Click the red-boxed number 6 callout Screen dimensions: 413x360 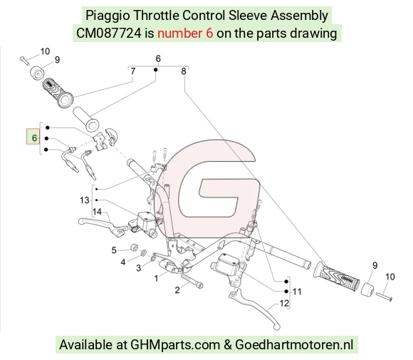click(33, 137)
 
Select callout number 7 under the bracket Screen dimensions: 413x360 click(133, 71)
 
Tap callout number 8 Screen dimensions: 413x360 click(184, 71)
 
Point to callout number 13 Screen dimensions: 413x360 click(85, 200)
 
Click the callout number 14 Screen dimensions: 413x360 click(97, 212)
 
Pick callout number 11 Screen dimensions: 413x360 click(297, 292)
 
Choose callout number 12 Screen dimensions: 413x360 click(284, 303)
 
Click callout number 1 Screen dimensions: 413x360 click(156, 278)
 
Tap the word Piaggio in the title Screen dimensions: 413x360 click(108, 15)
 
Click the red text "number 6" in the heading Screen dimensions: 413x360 click(185, 34)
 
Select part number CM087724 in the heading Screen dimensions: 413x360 click(109, 34)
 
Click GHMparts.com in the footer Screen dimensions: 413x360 click(175, 345)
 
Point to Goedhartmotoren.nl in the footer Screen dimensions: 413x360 click(294, 345)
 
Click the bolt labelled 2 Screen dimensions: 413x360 click(192, 281)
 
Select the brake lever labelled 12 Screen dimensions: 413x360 click(254, 309)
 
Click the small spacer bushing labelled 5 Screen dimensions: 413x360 click(135, 247)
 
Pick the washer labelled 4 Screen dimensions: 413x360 click(144, 252)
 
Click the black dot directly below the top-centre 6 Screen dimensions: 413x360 click(156, 70)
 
